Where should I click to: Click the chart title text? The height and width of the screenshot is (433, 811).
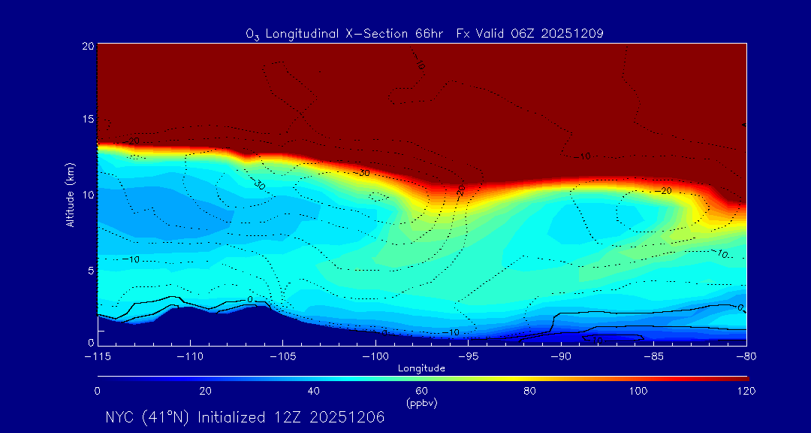[x=425, y=33]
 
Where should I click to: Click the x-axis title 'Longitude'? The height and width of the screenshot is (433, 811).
[x=422, y=368]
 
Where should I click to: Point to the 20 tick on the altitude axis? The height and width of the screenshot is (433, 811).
[x=87, y=46]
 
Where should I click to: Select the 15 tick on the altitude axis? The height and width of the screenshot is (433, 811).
[x=87, y=120]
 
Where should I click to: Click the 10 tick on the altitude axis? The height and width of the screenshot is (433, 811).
[x=87, y=195]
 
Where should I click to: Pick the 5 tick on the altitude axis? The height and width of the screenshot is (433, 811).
[x=89, y=270]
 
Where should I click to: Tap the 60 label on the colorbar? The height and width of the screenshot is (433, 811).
[x=422, y=391]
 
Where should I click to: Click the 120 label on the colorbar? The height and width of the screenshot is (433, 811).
[x=746, y=391]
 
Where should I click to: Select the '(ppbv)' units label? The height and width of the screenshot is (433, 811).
[x=422, y=403]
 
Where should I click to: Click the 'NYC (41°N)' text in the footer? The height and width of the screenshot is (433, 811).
[x=147, y=417]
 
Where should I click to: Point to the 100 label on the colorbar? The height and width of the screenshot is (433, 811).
[x=638, y=391]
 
